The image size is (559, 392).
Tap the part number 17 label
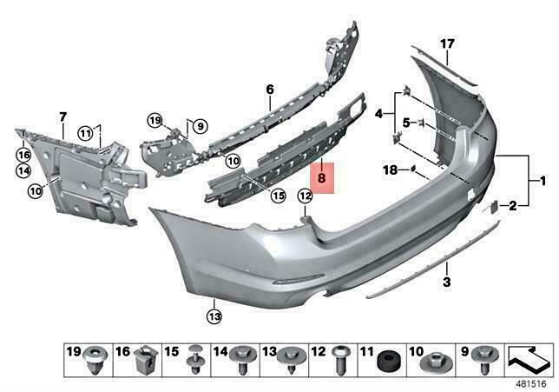click(x=447, y=43)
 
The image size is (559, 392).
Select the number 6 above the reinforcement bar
click(x=269, y=90)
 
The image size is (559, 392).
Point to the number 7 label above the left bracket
click(x=62, y=117)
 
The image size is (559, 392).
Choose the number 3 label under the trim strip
click(x=446, y=282)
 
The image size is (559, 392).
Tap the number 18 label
click(x=391, y=170)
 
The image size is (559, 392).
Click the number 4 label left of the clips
click(x=378, y=114)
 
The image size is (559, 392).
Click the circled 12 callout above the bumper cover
click(x=305, y=196)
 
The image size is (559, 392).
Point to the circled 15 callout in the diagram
click(x=278, y=196)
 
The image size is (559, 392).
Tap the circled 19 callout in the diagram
click(x=155, y=120)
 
